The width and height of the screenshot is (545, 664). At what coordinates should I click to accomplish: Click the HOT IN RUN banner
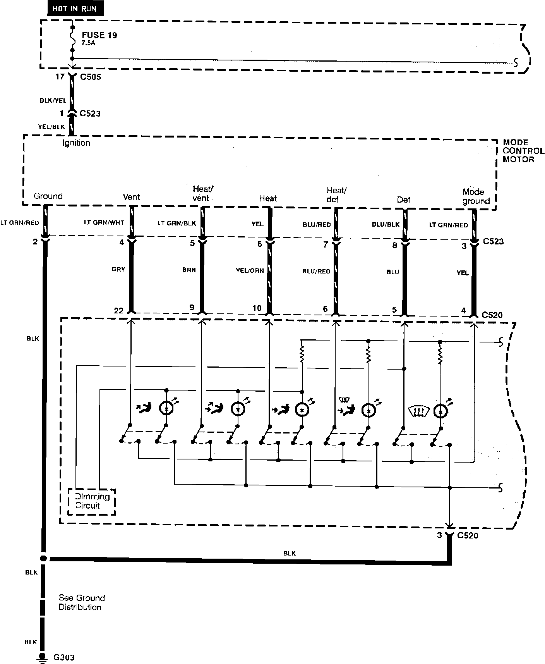(75, 9)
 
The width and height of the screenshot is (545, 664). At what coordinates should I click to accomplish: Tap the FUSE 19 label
(99, 35)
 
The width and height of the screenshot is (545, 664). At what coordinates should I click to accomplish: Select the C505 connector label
(90, 77)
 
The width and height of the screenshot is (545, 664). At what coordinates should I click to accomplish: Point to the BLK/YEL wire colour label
(53, 100)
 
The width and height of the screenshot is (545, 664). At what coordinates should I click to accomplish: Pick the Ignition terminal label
(76, 143)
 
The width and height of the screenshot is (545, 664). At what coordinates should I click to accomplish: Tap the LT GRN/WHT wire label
(104, 223)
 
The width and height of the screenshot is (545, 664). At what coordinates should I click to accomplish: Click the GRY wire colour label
(118, 269)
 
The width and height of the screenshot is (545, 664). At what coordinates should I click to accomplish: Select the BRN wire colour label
(189, 270)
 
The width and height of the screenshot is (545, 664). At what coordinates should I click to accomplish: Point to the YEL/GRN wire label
(250, 271)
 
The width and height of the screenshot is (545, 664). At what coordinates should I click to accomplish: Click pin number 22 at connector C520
(118, 310)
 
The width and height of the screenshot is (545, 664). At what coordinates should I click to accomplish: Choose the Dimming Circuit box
(92, 501)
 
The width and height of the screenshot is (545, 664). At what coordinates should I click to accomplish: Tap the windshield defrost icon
(418, 411)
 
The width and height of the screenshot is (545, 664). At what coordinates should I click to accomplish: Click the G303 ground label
(64, 657)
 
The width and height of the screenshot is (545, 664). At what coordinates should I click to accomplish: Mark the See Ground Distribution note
(81, 602)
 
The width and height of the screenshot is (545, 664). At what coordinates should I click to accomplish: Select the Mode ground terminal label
(476, 196)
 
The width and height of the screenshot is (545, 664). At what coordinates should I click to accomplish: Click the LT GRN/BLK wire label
(177, 223)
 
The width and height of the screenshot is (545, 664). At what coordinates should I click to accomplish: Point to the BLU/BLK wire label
(386, 224)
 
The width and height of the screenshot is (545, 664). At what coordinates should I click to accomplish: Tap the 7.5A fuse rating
(88, 43)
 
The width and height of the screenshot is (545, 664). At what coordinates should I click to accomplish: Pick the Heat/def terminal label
(336, 194)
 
